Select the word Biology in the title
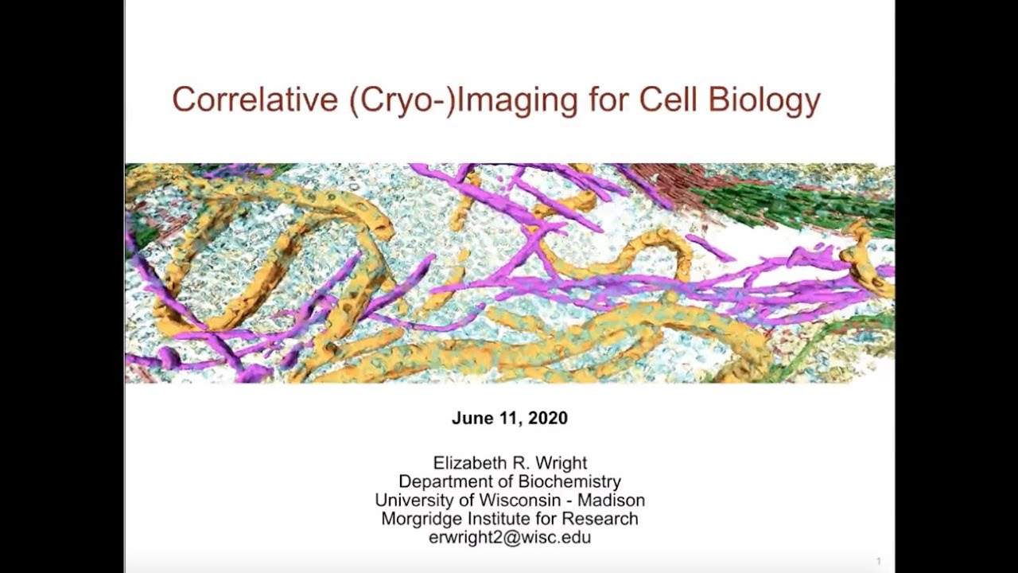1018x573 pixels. [764, 101]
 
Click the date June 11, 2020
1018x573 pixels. [509, 419]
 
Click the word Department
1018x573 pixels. [446, 482]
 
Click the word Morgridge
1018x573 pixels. [421, 520]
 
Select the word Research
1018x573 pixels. [600, 519]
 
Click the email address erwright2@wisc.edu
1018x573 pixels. [509, 537]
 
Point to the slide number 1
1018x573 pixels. [879, 561]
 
